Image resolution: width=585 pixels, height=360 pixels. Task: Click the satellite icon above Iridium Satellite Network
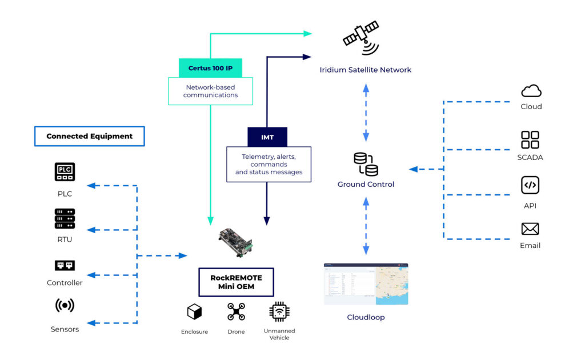[x=361, y=38]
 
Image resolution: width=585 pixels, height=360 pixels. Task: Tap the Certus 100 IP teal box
[x=210, y=68]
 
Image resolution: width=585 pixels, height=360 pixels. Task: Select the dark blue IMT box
[x=267, y=137]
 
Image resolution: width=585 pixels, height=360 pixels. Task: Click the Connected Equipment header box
[x=90, y=136]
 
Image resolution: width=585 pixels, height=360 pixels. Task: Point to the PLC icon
[x=65, y=171]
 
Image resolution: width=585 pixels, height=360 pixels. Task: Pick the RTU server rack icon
[x=65, y=219]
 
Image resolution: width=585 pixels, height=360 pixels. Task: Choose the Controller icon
[x=65, y=265]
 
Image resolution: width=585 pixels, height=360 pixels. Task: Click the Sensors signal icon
[x=65, y=305]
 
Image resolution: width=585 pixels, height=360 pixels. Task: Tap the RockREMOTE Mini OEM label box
[x=236, y=282]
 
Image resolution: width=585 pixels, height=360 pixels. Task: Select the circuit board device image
[x=235, y=242]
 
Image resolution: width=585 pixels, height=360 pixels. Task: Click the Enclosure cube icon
[x=194, y=312]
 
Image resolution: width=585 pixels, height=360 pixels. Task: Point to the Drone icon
[x=236, y=311]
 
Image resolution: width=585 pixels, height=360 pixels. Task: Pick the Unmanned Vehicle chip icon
[x=279, y=311]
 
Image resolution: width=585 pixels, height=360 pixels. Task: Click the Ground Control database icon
[x=366, y=164]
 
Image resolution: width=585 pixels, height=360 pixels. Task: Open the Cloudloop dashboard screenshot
[x=366, y=284]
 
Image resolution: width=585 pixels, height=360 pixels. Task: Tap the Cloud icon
[x=531, y=91]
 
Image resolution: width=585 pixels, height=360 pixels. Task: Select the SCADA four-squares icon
[x=530, y=139]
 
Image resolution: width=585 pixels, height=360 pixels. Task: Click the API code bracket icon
[x=530, y=185]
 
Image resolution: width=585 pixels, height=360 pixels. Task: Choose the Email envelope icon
[x=530, y=229]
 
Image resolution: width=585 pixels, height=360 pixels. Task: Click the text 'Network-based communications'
[x=210, y=91]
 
